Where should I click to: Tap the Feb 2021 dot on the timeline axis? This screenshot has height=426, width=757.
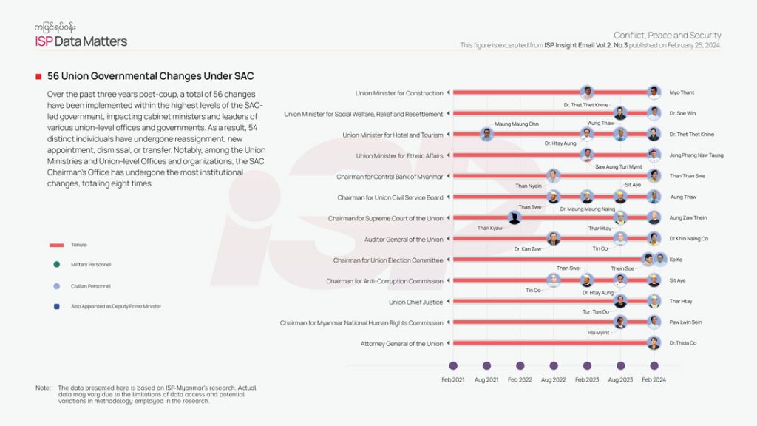[x=453, y=365]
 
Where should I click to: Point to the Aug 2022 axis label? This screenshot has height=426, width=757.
[x=554, y=379]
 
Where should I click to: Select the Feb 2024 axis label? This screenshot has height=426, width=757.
[x=654, y=379]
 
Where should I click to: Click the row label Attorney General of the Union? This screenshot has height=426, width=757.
[x=401, y=344]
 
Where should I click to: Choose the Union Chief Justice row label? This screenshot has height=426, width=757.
[x=415, y=302]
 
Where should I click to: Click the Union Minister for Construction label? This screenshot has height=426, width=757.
[x=399, y=93]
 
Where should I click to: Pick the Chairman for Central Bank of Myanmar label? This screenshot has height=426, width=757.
[x=389, y=177]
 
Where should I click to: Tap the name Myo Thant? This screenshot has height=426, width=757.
[x=682, y=93]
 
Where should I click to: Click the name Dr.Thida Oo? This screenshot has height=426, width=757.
[x=683, y=343]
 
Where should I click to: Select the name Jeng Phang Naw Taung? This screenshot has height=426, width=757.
[x=696, y=155]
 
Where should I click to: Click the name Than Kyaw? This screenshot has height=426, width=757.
[x=489, y=229]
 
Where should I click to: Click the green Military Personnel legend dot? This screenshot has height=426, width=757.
[x=56, y=265]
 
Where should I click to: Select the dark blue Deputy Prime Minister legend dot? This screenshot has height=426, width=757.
[x=56, y=306]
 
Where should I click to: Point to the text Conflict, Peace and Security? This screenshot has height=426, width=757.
[x=667, y=35]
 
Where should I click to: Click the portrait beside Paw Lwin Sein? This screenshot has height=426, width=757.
[x=654, y=322]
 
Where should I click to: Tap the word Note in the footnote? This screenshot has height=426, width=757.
[x=43, y=388]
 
